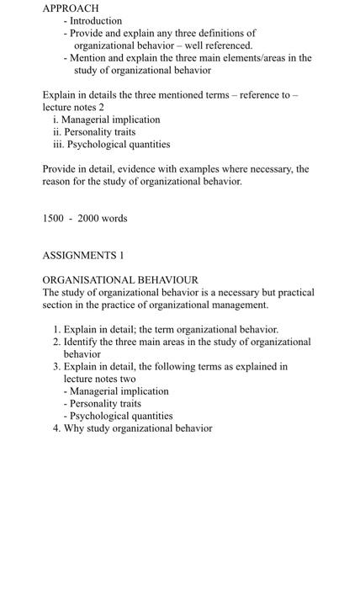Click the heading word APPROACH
point(71,8)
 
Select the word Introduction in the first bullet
point(95,20)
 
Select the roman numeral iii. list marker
point(58,144)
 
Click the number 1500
point(53,219)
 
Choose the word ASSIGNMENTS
point(78,255)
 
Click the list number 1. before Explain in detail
point(56,330)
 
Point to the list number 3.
point(56,367)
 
